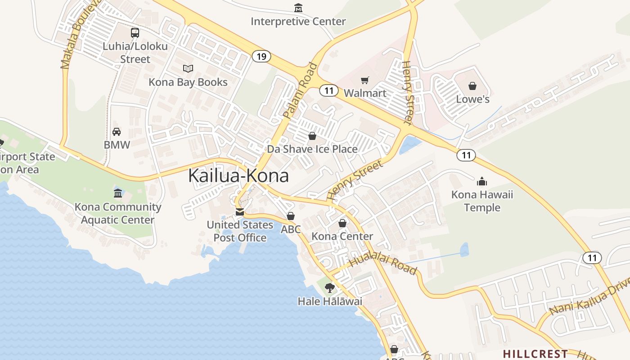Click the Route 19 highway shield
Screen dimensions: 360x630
coord(261,56)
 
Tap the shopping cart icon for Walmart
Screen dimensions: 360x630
coord(365,80)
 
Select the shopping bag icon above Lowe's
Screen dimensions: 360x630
coord(472,85)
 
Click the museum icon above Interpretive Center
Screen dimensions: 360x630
coord(298,8)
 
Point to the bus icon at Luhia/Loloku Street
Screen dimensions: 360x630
coord(135,32)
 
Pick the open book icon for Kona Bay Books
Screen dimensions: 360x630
coord(188,68)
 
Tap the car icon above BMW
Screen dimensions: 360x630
coord(117,131)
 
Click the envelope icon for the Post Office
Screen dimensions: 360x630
coord(240,211)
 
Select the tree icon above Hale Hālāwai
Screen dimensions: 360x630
coord(330,288)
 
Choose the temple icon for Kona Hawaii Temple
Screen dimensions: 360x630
coord(482,181)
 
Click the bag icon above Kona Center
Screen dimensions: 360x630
coord(342,223)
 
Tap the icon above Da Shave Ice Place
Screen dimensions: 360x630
coord(312,135)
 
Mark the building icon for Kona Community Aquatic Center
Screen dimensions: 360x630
coord(118,193)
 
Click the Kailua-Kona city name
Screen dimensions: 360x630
coord(238,175)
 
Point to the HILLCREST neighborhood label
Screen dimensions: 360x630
coord(535,353)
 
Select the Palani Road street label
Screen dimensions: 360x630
coord(300,90)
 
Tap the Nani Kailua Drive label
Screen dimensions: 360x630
coord(589,297)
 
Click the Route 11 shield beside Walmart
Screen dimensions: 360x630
coord(329,90)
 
